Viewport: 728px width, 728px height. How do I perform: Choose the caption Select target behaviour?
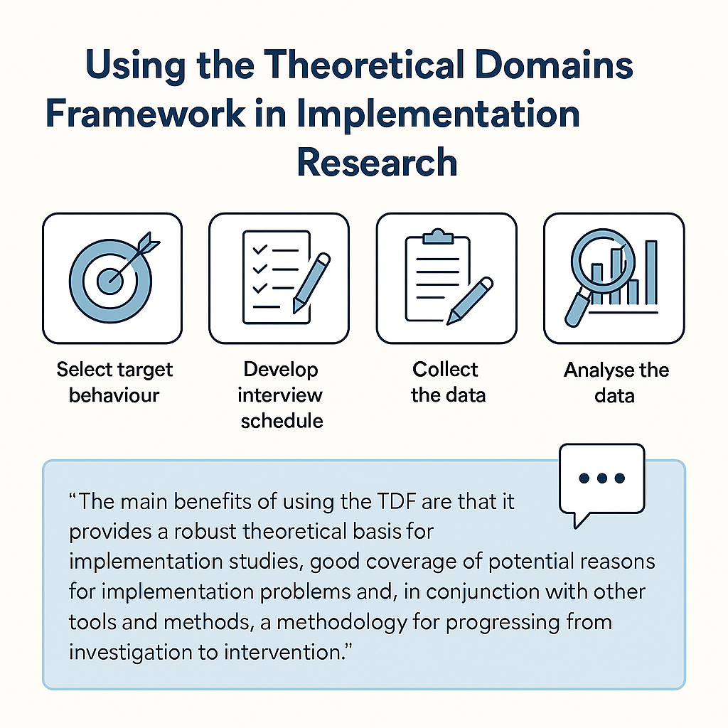coord(114,382)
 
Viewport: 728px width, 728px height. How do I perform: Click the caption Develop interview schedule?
coord(282,395)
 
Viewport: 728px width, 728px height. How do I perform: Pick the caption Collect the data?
coord(446,382)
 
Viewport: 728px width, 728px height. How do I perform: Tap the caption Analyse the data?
coord(616,382)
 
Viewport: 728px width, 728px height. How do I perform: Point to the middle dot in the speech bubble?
coord(602,478)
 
